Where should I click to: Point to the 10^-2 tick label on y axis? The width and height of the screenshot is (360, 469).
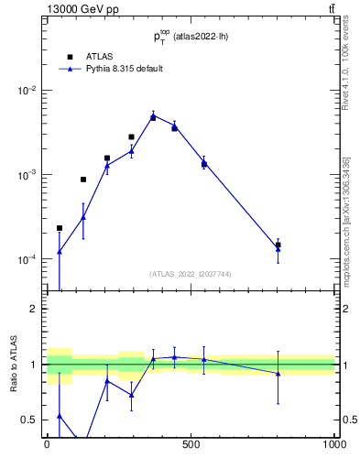pyautogui.click(x=27, y=91)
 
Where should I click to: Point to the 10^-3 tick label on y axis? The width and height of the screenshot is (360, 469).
pyautogui.click(x=27, y=175)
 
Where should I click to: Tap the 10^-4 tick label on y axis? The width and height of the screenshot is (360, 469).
pyautogui.click(x=27, y=259)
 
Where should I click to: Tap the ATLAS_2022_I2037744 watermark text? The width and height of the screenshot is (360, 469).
pyautogui.click(x=191, y=274)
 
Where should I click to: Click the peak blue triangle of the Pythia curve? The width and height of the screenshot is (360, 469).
pyautogui.click(x=153, y=115)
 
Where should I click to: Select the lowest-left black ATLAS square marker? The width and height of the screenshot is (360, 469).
pyautogui.click(x=60, y=228)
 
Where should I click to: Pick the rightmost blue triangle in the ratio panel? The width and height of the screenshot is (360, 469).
pyautogui.click(x=278, y=373)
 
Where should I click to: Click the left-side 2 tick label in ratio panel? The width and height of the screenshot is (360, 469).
pyautogui.click(x=34, y=309)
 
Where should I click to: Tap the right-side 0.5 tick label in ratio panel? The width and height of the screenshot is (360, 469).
pyautogui.click(x=348, y=420)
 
